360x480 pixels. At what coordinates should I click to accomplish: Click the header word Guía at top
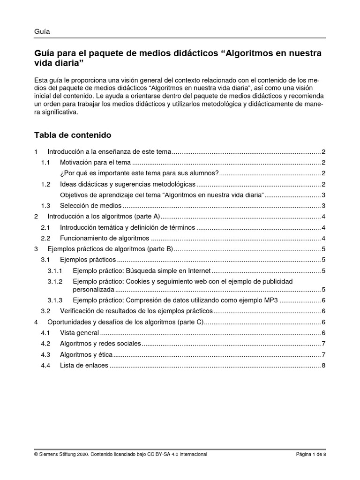(x=42, y=32)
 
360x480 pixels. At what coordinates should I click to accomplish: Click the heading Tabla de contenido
(x=72, y=135)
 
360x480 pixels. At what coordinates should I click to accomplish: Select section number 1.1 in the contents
(x=45, y=163)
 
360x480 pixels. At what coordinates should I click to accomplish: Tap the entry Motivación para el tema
(x=95, y=163)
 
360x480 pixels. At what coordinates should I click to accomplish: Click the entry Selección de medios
(x=90, y=206)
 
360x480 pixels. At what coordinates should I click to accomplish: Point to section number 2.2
(x=45, y=238)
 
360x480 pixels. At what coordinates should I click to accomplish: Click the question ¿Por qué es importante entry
(x=140, y=173)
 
